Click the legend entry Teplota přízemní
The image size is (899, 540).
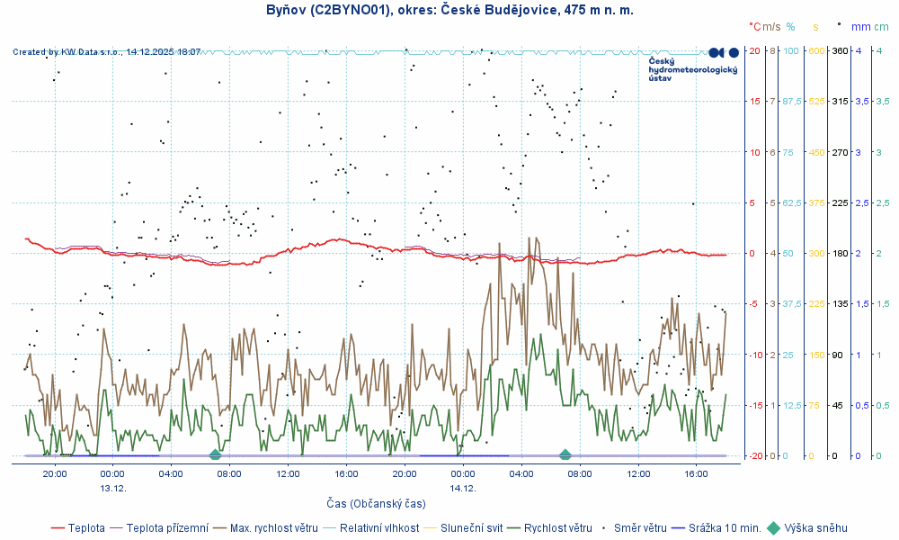167,528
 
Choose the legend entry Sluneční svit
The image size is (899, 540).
471,528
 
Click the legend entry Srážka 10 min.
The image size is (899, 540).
725,528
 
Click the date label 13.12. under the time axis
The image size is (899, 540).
112,488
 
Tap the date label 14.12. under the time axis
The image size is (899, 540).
462,488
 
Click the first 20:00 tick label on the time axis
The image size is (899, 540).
54,473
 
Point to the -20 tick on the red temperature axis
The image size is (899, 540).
755,456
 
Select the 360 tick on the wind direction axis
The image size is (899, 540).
840,50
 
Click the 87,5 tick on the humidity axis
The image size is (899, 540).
791,102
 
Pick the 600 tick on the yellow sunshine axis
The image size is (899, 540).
815,50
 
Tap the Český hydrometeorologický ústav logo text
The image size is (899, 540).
692,69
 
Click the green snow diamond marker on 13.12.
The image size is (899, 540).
215,454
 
